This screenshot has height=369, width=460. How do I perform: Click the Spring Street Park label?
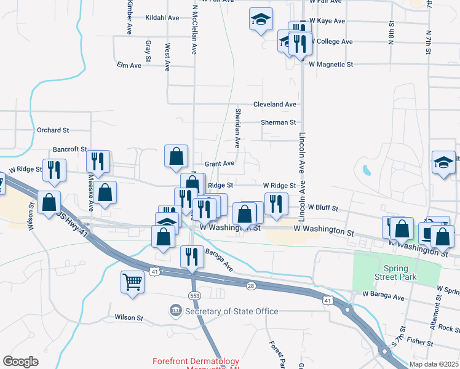(400, 272)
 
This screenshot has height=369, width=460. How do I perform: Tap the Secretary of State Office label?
(232, 311)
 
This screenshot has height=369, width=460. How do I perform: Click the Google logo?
(20, 362)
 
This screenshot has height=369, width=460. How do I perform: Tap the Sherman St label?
(279, 122)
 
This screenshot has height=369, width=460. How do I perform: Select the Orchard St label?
(53, 130)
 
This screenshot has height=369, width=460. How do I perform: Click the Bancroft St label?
(70, 149)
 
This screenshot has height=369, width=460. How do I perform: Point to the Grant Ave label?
(220, 164)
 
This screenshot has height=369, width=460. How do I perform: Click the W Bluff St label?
(323, 208)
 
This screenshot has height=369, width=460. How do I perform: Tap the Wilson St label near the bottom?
(129, 318)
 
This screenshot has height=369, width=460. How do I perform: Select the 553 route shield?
(192, 296)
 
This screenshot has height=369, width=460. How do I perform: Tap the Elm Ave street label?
(129, 65)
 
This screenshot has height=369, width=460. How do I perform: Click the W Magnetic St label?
(331, 64)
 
